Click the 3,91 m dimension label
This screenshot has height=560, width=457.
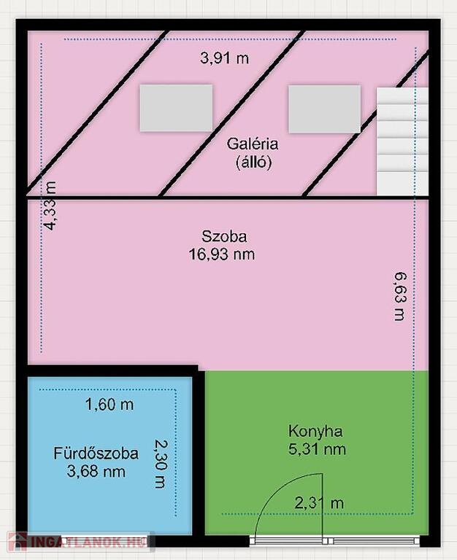[x=224, y=58]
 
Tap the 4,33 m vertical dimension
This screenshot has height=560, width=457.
[x=50, y=206]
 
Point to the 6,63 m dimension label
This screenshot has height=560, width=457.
[x=401, y=297]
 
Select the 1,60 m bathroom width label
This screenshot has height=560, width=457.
[x=110, y=405]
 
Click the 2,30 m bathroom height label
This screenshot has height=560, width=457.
[x=161, y=464]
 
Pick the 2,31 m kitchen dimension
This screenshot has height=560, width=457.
[x=319, y=503]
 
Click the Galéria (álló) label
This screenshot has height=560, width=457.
[x=253, y=153]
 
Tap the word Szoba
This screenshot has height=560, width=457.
[x=224, y=236]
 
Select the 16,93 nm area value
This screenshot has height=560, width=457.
[x=222, y=254]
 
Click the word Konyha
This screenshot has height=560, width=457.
[x=315, y=431]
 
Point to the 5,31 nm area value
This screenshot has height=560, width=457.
[x=317, y=449]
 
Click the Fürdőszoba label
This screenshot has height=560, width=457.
[x=96, y=454]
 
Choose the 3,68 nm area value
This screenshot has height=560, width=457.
[x=96, y=472]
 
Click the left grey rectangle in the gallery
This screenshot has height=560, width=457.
[x=176, y=108]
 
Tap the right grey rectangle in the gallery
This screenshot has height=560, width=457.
[x=325, y=109]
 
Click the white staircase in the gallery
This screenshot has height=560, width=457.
[x=403, y=141]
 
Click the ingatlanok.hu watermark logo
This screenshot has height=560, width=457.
[x=80, y=541]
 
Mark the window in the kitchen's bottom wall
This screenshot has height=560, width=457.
[x=334, y=541]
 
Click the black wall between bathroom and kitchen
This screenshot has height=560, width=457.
[x=199, y=453]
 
